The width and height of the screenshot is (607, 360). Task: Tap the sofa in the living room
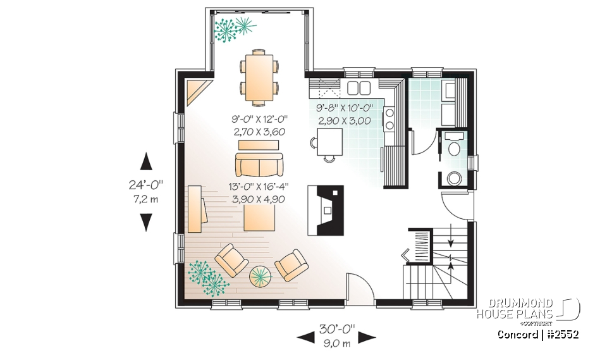pyautogui.click(x=259, y=165)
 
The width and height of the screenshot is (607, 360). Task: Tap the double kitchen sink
pyautogui.click(x=359, y=87)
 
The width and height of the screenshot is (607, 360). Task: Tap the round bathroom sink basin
pyautogui.click(x=453, y=177)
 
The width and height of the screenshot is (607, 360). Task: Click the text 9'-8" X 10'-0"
pyautogui.click(x=345, y=108)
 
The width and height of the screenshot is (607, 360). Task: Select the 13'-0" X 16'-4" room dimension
pyautogui.click(x=259, y=187)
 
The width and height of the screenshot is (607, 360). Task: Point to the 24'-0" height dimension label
pyautogui.click(x=145, y=185)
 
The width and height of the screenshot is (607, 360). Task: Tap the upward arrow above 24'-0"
pyautogui.click(x=146, y=161)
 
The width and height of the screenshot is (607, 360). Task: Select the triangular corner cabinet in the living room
pyautogui.click(x=198, y=90)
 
